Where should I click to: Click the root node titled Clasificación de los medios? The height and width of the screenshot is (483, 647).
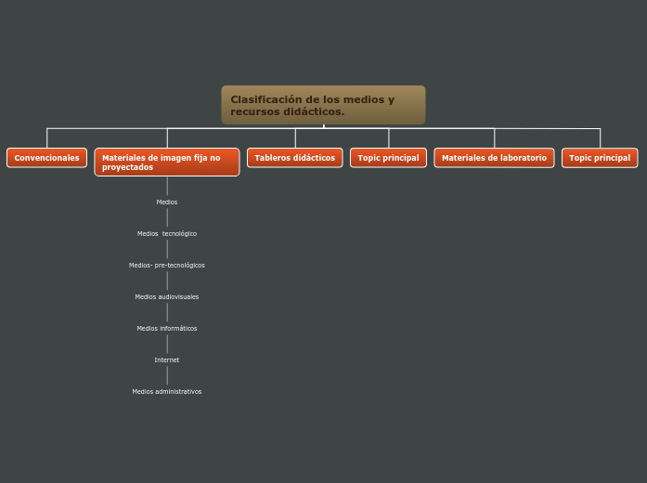[323, 105]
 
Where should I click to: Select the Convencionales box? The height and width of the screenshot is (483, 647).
[46, 158]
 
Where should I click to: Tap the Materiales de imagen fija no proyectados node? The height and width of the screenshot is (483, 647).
[167, 163]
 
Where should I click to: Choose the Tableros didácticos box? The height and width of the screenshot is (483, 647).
[294, 158]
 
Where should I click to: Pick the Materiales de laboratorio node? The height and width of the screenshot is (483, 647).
[494, 158]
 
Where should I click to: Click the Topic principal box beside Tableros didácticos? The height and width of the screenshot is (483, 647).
[388, 158]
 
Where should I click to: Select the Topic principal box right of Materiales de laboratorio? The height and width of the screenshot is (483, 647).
[600, 158]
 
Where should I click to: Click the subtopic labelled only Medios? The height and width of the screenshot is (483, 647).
[167, 202]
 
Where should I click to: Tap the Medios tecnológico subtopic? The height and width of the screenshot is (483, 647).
[167, 233]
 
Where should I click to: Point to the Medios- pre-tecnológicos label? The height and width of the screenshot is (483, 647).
[167, 265]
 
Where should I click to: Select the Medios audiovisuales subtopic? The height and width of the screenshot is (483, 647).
[167, 296]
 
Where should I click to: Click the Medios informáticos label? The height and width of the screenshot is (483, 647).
[167, 328]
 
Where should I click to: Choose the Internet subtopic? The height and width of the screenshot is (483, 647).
[167, 359]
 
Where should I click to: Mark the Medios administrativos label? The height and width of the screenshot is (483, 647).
[167, 391]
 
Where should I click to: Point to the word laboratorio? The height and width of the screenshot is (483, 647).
[521, 158]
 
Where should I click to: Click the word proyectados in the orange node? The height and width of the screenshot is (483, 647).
[128, 167]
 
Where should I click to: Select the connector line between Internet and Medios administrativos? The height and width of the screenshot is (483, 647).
[167, 375]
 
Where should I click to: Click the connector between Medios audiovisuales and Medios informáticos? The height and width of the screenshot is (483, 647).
[167, 312]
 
